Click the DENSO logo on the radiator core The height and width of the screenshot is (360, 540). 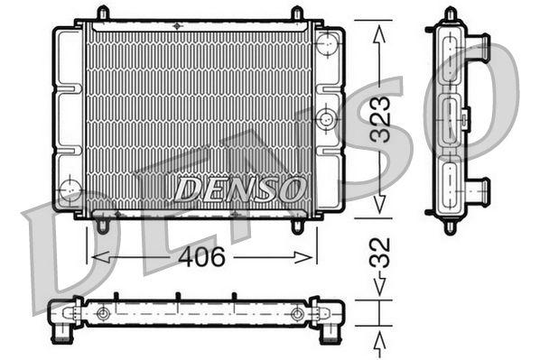tap(238, 189)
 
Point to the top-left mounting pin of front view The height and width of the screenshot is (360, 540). tap(102, 14)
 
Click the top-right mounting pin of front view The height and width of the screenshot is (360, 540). tap(297, 14)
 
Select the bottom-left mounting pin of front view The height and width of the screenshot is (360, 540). tap(102, 225)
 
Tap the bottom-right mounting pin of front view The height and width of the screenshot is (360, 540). tap(297, 225)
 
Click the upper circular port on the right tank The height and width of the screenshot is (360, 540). tap(327, 42)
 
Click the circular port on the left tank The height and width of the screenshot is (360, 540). tap(69, 189)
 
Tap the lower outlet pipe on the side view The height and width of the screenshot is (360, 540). tap(479, 190)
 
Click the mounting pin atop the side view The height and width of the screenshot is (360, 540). tap(450, 14)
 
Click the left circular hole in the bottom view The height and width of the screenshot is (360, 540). tap(104, 314)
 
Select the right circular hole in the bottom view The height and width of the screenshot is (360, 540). tap(297, 314)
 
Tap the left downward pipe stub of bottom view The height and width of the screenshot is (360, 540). tap(62, 334)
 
